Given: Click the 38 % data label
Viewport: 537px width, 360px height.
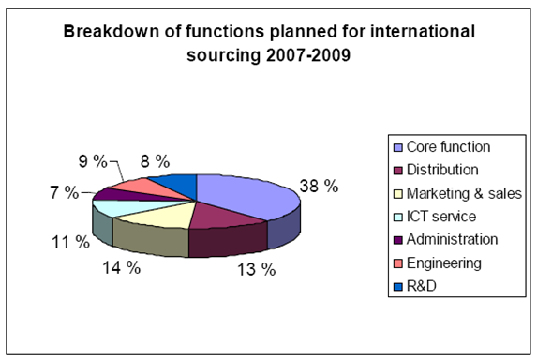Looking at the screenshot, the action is [319, 187].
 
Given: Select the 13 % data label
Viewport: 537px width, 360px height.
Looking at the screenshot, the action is [257, 270].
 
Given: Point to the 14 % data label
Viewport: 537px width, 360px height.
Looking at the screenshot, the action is [121, 267].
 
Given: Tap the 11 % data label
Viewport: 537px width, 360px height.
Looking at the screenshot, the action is [70, 242].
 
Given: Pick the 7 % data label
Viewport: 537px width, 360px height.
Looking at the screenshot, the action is [65, 192].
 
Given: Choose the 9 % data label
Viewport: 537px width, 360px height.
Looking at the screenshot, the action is [93, 161].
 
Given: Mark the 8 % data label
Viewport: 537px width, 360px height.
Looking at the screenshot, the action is [156, 161].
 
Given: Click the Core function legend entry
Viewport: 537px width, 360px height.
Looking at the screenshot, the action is [442, 147].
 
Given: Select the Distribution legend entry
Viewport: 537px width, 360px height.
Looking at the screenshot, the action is [436, 170].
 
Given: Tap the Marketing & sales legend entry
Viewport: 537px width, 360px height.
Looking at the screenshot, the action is [458, 193].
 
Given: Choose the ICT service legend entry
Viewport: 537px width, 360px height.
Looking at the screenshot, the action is [435, 217].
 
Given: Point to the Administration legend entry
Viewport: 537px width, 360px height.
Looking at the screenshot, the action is [445, 239].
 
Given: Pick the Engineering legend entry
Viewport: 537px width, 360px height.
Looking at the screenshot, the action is [438, 263].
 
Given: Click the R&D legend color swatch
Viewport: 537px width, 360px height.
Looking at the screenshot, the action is [398, 287].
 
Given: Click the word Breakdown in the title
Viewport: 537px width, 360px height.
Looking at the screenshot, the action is [111, 32].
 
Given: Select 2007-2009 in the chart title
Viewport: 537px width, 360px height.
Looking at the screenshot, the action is [308, 54].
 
